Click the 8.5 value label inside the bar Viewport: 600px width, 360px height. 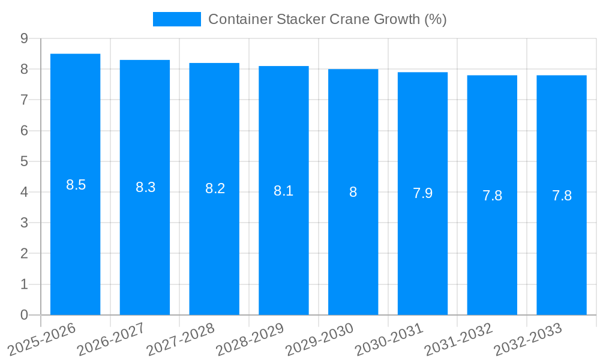click(x=76, y=185)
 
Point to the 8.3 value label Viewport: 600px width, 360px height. click(x=145, y=187)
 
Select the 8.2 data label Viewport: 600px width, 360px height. click(x=215, y=188)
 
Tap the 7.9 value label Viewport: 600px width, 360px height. click(x=422, y=193)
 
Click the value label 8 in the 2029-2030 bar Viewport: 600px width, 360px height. click(x=353, y=192)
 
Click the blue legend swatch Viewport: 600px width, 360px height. click(x=177, y=19)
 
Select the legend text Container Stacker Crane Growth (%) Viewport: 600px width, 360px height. click(x=327, y=19)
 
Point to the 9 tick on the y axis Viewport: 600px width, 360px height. click(x=24, y=38)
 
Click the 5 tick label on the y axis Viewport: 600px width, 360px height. click(x=24, y=161)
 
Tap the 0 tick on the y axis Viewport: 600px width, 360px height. click(x=24, y=315)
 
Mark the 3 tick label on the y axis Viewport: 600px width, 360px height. click(x=24, y=223)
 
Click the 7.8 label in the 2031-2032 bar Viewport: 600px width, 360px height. click(x=492, y=196)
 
